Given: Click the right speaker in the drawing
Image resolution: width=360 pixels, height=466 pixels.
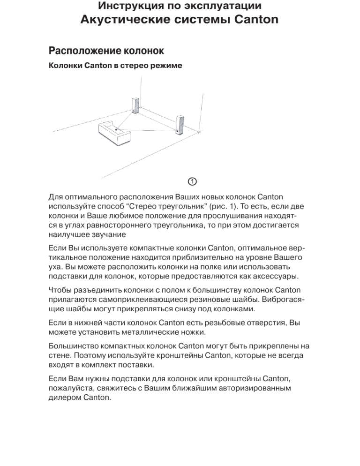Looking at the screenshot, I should click(x=179, y=125).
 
